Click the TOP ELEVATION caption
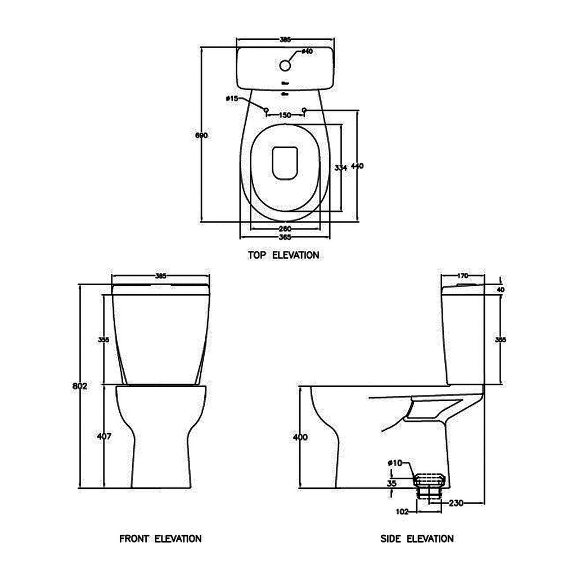283,255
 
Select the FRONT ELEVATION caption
160,539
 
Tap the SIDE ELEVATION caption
417,539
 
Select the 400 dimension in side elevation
300,437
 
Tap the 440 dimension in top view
357,166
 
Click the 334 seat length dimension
340,168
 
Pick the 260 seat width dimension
285,228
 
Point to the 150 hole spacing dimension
285,115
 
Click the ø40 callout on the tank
307,51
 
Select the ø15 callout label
232,98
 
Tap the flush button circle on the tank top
285,65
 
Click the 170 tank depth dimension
462,276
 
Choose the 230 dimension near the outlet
456,503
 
